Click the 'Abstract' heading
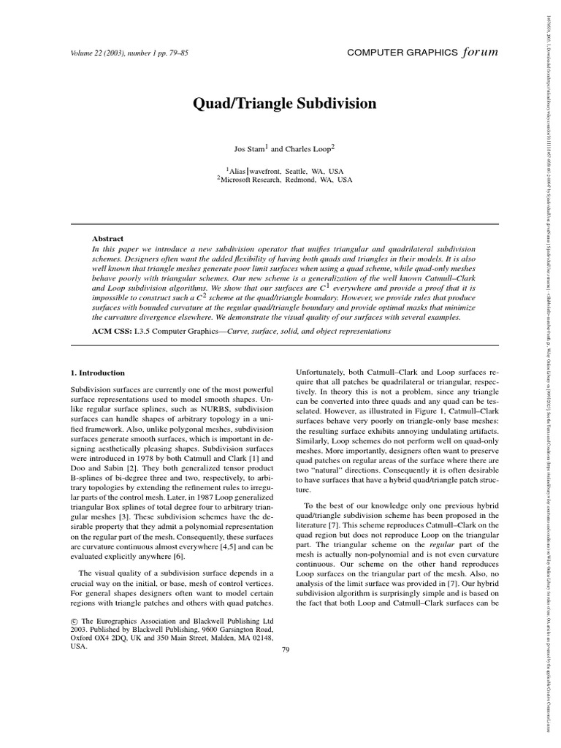[x=107, y=239]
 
